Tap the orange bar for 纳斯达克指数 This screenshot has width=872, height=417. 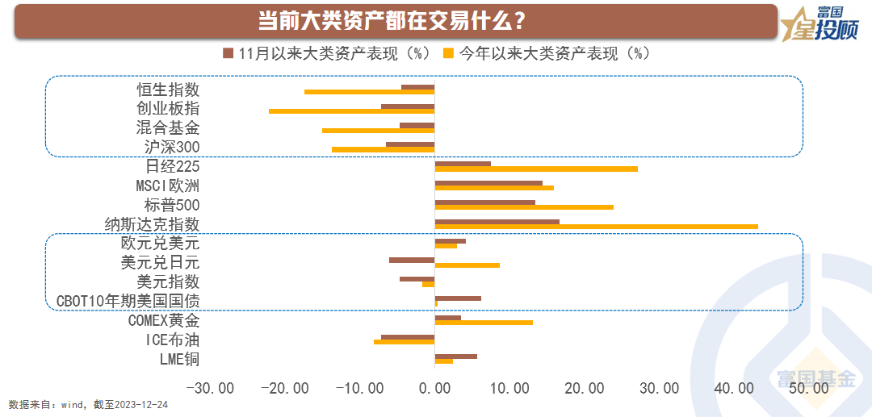[596, 227]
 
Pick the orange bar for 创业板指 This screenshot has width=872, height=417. [351, 111]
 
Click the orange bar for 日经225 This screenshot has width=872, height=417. [536, 169]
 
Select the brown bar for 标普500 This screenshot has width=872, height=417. [484, 202]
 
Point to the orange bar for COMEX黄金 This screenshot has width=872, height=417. [484, 323]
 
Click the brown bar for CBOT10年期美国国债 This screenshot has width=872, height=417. [458, 298]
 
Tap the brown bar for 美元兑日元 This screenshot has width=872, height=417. [412, 260]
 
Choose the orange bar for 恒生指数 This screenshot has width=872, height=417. [369, 91]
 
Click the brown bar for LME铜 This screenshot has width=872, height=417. [455, 357]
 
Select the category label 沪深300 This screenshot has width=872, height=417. [169, 147]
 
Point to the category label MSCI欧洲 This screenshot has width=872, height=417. [167, 186]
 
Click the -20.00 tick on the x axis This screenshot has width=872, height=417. [285, 388]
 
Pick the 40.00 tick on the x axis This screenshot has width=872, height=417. [735, 388]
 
